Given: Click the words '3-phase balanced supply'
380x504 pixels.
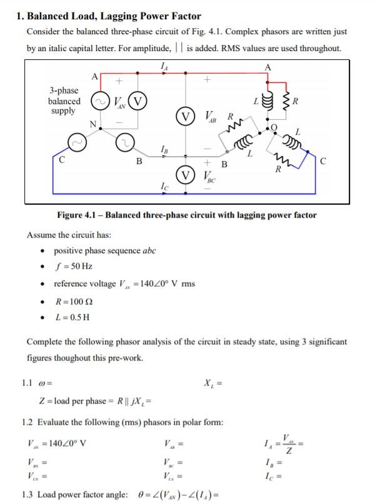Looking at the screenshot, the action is click(64, 100).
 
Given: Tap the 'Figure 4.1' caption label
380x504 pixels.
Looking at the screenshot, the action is click(79, 215).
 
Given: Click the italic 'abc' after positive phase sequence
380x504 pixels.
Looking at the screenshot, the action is click(147, 251).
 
